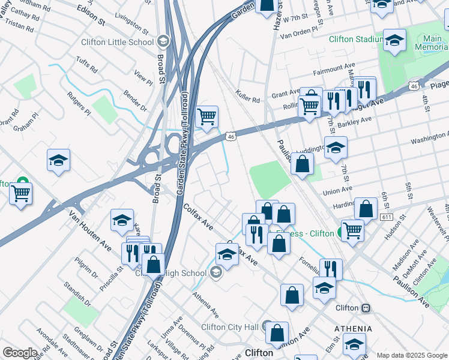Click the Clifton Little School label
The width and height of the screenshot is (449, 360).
(x=118, y=43)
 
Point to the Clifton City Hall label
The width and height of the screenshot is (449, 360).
(x=229, y=326)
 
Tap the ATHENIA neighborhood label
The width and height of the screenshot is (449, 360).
(x=354, y=329)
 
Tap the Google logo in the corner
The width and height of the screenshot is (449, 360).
(x=20, y=352)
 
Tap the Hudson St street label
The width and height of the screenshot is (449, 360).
(x=393, y=229)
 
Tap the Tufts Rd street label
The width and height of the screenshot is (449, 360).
(x=85, y=65)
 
